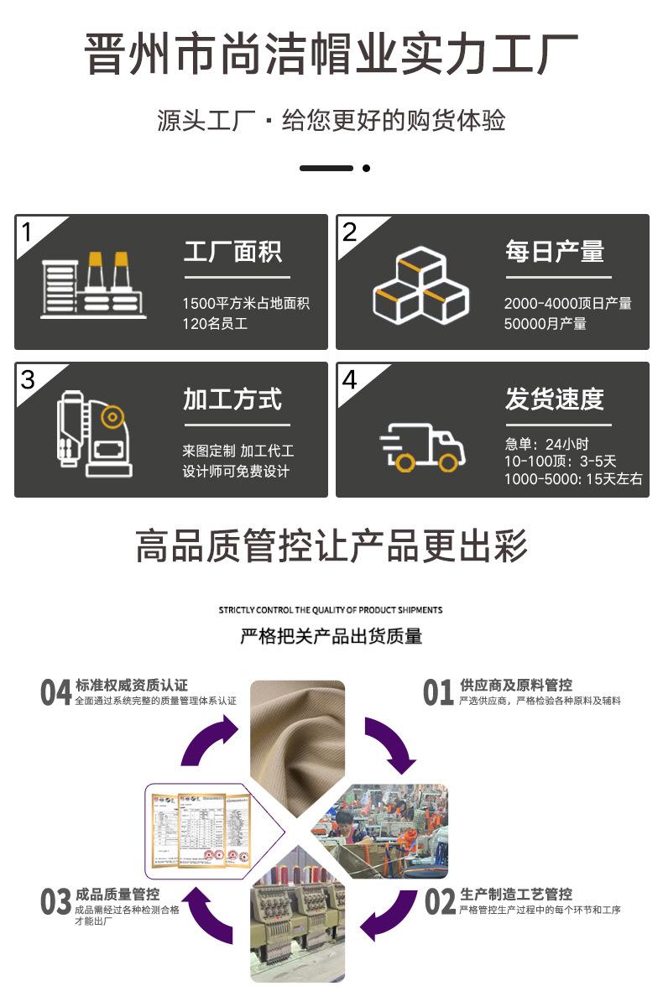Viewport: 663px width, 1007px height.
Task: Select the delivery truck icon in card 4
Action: (421, 448)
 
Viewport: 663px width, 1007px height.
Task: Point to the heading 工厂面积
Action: (232, 252)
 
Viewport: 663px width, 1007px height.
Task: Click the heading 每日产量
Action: (554, 252)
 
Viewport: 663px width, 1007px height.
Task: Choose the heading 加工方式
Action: (232, 399)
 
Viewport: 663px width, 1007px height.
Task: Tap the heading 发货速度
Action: (554, 399)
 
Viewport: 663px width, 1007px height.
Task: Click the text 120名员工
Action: (215, 323)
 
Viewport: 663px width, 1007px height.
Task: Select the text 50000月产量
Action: (545, 323)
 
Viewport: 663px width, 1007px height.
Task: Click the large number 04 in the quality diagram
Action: (56, 693)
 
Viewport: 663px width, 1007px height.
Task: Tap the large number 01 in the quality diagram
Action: (438, 693)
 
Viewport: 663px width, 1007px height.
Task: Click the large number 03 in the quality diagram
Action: (56, 902)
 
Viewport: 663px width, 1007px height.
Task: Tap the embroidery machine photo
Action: (297, 927)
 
